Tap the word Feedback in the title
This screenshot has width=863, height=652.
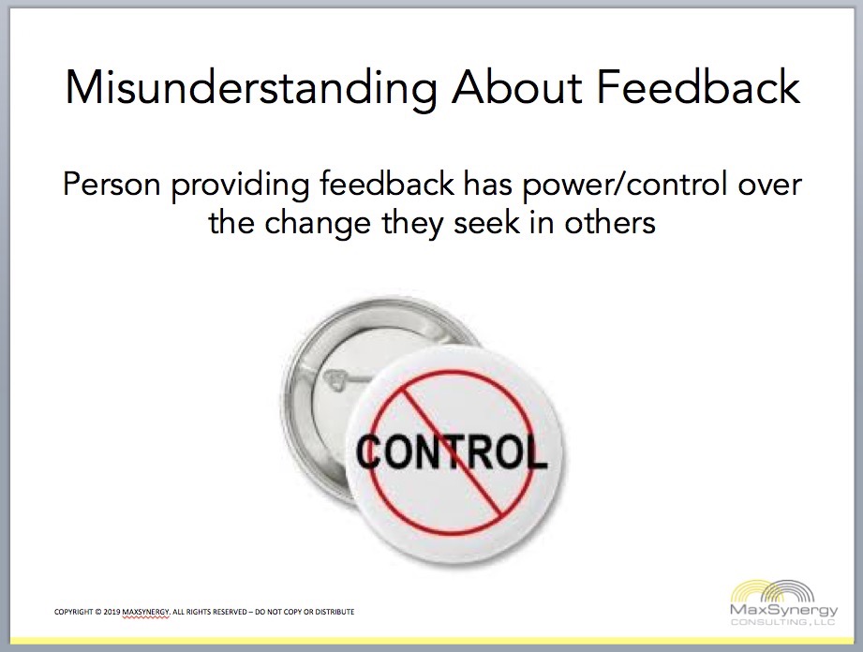tap(698, 86)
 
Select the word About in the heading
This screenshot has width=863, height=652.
tap(517, 86)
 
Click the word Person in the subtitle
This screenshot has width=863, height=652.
tap(112, 184)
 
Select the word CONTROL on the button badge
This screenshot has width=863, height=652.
tap(452, 452)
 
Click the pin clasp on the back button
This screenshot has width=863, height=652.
tap(340, 379)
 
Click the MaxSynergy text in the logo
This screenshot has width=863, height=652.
tap(783, 610)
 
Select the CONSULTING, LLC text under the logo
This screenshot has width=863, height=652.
tap(782, 622)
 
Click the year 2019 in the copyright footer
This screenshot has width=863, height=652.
tap(112, 612)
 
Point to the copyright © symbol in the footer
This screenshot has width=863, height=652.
tap(98, 612)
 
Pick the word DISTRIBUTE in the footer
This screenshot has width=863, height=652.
tap(335, 612)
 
